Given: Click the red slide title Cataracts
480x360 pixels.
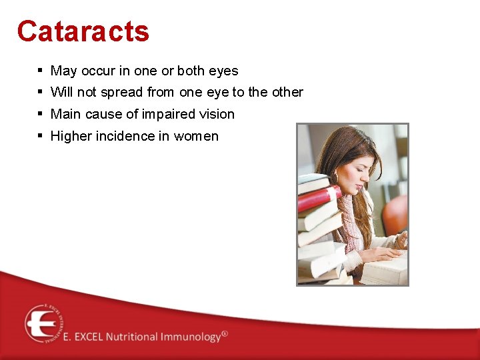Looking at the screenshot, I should click(x=83, y=31).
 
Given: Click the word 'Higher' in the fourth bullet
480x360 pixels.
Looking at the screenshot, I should click(x=71, y=136).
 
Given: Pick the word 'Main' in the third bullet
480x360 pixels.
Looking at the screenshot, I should click(x=65, y=114).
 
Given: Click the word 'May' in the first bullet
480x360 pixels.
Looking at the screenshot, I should click(x=64, y=71).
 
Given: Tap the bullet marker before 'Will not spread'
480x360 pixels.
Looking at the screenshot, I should click(x=41, y=92).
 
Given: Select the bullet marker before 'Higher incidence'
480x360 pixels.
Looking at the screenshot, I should click(x=41, y=136).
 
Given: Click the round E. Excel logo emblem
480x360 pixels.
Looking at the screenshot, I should click(x=44, y=323).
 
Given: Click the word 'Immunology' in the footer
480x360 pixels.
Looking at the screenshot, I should click(x=189, y=337).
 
